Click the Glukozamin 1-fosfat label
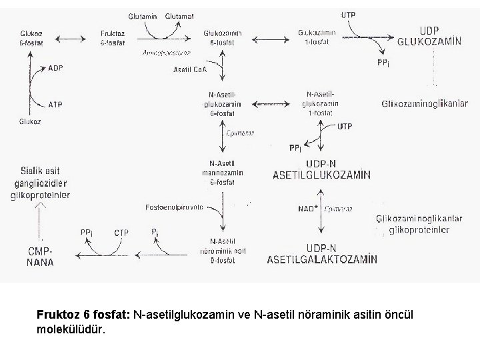(317, 39)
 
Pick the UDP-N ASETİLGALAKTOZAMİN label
(323, 254)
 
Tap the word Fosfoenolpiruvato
(175, 207)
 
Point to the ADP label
(56, 68)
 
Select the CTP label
(121, 233)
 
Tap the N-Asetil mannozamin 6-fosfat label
(223, 171)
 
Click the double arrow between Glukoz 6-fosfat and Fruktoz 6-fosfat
(74, 39)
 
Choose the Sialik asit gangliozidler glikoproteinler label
(40, 183)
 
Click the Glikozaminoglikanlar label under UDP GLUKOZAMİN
(425, 103)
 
